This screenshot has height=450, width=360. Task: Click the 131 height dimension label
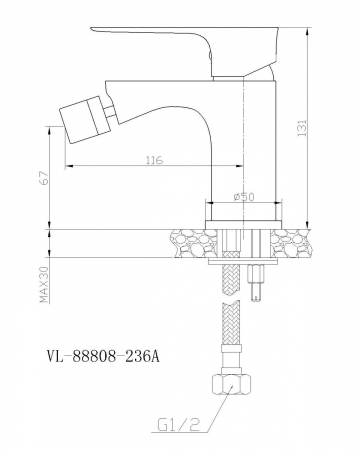pyautogui.click(x=302, y=128)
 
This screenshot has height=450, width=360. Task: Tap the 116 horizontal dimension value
pyautogui.click(x=154, y=160)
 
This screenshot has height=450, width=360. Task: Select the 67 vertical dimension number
pyautogui.click(x=45, y=178)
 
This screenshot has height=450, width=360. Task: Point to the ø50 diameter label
pyautogui.click(x=244, y=197)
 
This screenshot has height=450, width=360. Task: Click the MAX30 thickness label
pyautogui.click(x=45, y=284)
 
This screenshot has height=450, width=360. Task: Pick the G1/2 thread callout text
pyautogui.click(x=178, y=425)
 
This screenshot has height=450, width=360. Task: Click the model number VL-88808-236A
pyautogui.click(x=103, y=357)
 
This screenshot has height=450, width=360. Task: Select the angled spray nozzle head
pyautogui.click(x=83, y=119)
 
